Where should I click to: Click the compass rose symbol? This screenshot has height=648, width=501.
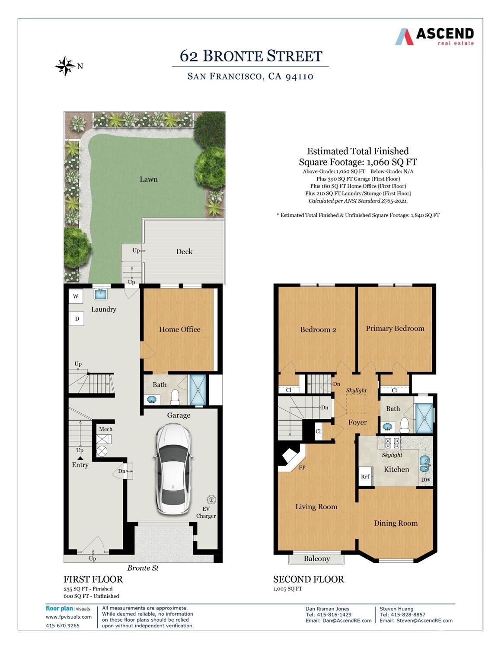click(x=65, y=66)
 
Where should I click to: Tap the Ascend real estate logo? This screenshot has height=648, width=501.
click(x=434, y=36)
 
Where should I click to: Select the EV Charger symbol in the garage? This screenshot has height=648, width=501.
click(x=212, y=500)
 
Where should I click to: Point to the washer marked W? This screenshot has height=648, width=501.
click(x=76, y=297)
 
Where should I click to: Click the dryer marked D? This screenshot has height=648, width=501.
click(x=77, y=319)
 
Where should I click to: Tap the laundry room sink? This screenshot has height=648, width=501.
click(x=101, y=294)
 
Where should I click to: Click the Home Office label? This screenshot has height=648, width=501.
click(x=179, y=329)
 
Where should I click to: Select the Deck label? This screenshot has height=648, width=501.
click(x=184, y=252)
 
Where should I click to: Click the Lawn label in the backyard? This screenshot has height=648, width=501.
click(x=148, y=179)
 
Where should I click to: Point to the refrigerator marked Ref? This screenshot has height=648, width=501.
click(x=365, y=476)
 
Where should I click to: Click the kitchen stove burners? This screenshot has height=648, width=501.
click(x=391, y=443)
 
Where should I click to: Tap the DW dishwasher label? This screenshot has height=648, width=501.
click(x=426, y=479)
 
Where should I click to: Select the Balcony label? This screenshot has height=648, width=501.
click(x=316, y=559)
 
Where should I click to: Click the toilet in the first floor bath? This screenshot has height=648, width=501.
click(x=175, y=396)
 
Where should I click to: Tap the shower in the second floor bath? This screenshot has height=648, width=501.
click(x=424, y=418)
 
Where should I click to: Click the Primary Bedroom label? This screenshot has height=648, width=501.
click(x=395, y=329)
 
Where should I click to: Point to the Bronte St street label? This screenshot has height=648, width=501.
click(x=143, y=568)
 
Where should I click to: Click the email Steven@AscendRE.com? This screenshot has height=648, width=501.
click(x=416, y=620)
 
